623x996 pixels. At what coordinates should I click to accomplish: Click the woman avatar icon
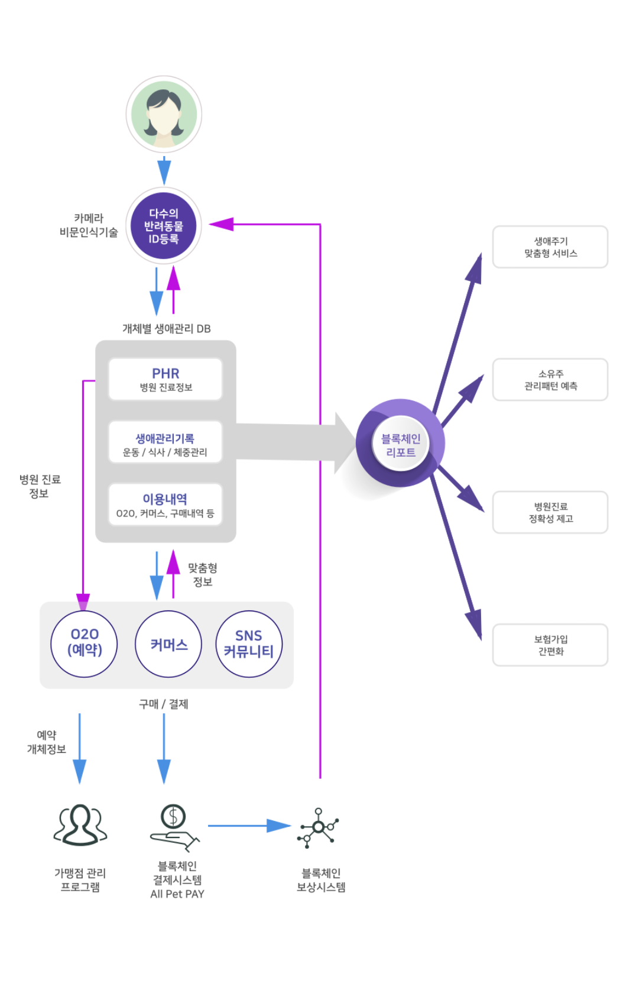[164, 114]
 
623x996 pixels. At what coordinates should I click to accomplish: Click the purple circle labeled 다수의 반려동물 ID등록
[164, 226]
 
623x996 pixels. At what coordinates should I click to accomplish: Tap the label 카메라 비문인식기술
[89, 225]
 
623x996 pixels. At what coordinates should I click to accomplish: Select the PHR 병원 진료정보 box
[166, 379]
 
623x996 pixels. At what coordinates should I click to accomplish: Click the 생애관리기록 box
[166, 444]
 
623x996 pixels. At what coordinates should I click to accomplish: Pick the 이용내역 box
[166, 505]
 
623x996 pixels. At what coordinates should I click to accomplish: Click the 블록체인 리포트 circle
[401, 444]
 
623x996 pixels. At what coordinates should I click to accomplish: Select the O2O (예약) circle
[85, 643]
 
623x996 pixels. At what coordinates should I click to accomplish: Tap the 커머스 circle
[168, 644]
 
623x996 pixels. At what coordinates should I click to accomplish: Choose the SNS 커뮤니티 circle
[249, 644]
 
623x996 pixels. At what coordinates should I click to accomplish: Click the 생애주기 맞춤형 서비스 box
[550, 247]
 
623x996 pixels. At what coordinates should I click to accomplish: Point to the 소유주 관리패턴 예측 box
[550, 380]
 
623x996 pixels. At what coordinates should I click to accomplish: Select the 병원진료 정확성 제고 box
[550, 512]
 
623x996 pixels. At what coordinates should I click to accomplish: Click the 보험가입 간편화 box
[550, 645]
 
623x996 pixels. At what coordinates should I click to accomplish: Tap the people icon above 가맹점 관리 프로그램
[80, 824]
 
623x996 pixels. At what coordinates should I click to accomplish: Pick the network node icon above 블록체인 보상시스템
[319, 827]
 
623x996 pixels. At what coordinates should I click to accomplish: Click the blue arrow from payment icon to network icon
[248, 826]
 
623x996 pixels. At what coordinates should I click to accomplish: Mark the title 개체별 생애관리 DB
[166, 329]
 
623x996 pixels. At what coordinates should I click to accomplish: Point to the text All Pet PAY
[177, 894]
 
